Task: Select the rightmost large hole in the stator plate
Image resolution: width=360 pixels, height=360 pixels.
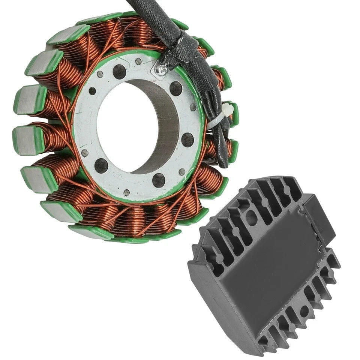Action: [187, 140]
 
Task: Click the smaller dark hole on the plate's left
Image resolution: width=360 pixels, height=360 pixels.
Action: [92, 91]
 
